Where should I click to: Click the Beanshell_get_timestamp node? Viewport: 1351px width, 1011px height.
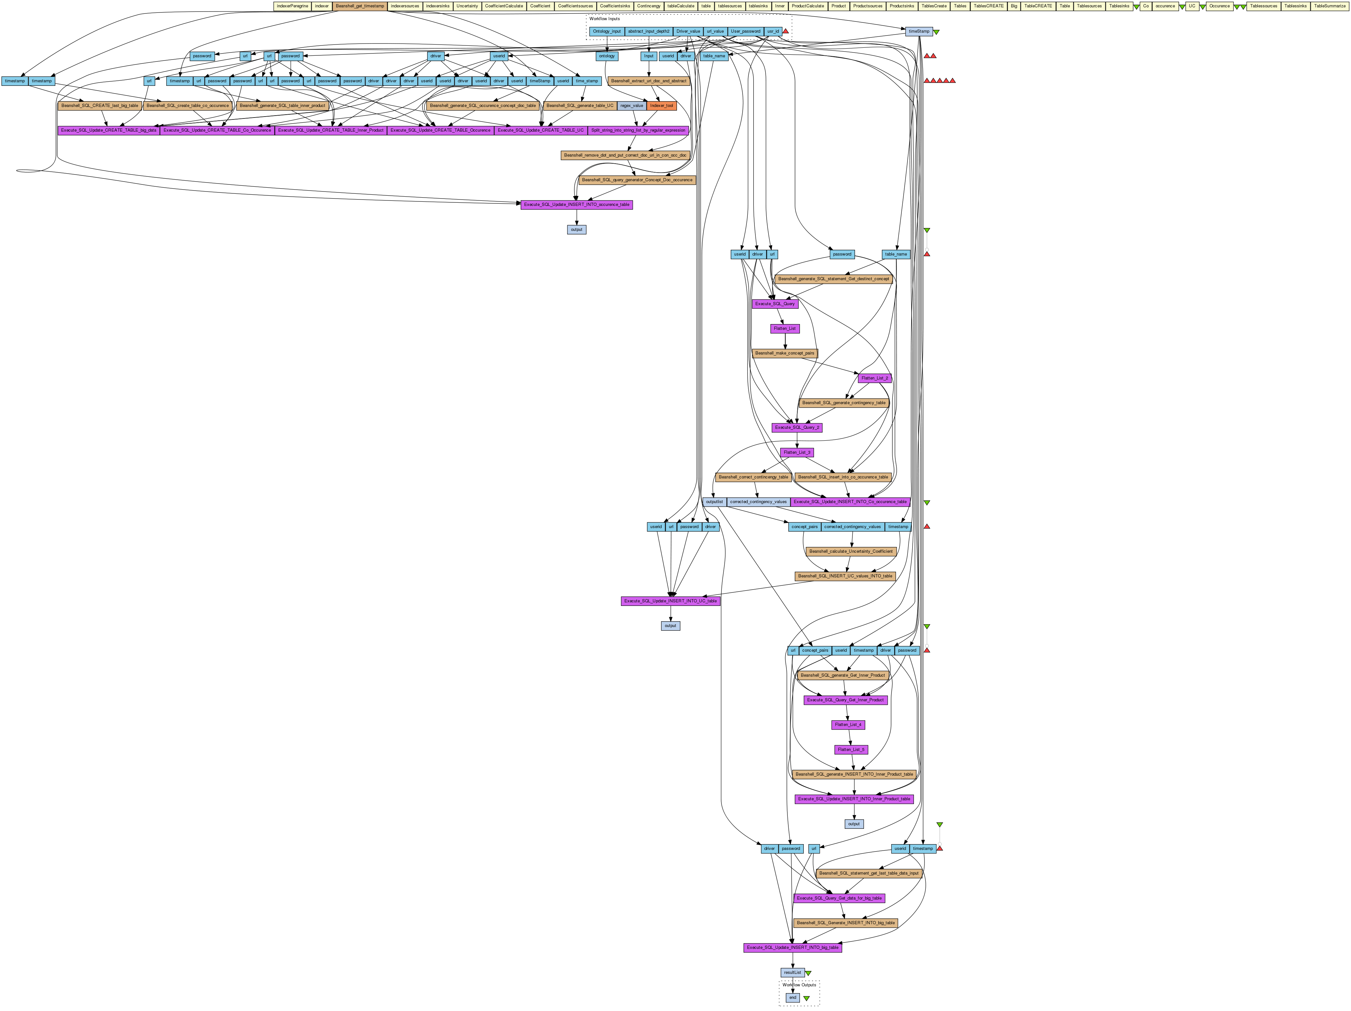click(x=360, y=6)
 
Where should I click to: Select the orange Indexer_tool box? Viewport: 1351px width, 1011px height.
click(x=662, y=106)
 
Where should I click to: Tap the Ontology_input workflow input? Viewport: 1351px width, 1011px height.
click(x=606, y=31)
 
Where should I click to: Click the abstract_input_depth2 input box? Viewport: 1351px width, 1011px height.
click(x=649, y=31)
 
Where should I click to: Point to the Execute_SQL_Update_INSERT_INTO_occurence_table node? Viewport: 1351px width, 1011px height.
click(x=577, y=205)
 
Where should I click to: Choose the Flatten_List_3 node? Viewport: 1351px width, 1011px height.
click(x=797, y=453)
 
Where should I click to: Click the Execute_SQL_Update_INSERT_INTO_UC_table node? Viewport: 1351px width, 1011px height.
click(x=671, y=601)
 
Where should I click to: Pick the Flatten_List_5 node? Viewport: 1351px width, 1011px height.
click(x=851, y=750)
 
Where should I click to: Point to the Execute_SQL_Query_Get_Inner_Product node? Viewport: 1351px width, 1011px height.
click(x=845, y=700)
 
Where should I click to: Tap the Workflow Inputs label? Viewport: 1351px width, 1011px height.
click(x=604, y=19)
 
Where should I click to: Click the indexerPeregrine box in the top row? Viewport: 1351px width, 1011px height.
click(x=292, y=6)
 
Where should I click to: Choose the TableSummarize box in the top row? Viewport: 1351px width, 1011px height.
click(x=1330, y=6)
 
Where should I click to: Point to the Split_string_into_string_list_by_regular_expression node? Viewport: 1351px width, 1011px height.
click(x=638, y=130)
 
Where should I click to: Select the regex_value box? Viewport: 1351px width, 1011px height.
click(x=631, y=106)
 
